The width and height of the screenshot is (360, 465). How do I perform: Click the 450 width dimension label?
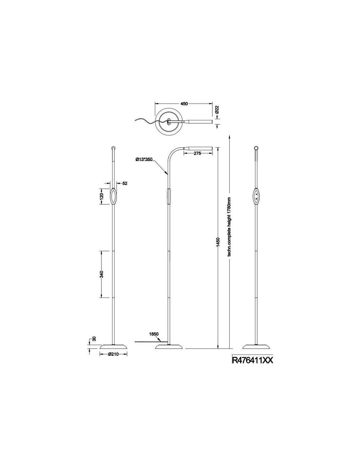(184, 104)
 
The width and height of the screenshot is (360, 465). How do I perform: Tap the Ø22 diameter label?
(217, 110)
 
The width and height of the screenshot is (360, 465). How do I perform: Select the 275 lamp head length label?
(197, 153)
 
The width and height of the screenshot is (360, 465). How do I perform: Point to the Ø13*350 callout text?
(144, 159)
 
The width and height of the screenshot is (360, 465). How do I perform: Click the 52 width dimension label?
(125, 183)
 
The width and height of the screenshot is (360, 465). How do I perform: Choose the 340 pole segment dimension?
(101, 274)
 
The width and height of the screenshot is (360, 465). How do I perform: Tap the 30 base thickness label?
(94, 338)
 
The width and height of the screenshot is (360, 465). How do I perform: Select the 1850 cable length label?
(153, 334)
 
